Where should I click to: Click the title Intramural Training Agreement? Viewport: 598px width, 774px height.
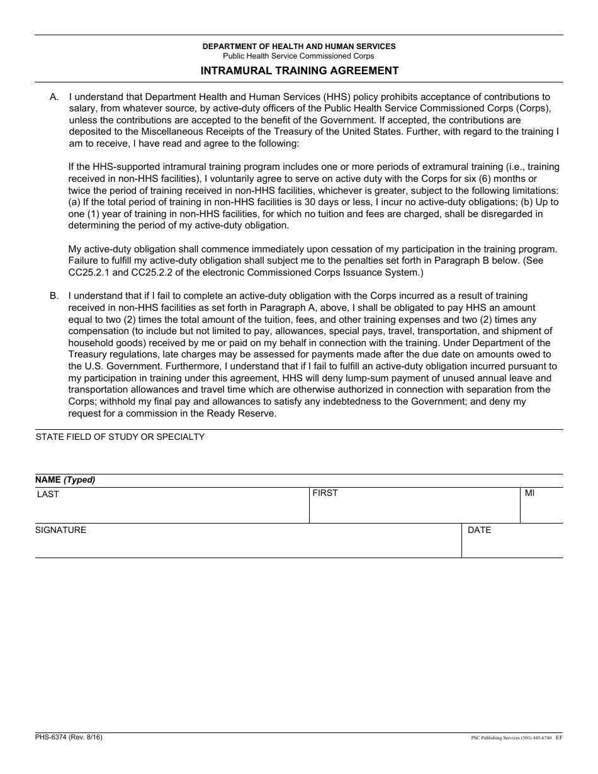tap(299, 70)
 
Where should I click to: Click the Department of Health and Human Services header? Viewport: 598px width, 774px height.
tap(299, 47)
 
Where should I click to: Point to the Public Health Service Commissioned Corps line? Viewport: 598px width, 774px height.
tap(299, 56)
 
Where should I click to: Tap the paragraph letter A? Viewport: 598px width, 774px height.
tap(54, 97)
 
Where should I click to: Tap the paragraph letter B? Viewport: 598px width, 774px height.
tap(54, 296)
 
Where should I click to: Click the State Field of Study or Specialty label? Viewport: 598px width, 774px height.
tap(120, 437)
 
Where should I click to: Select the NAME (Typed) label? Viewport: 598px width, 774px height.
tap(65, 480)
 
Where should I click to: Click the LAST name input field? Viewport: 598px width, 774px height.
tap(171, 510)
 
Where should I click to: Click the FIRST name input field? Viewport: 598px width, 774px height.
tap(414, 510)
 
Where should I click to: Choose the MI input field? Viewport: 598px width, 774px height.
tap(541, 510)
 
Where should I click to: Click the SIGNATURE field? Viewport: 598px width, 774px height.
tap(248, 545)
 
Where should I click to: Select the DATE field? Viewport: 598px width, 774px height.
tap(512, 545)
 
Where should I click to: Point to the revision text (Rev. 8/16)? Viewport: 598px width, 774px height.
tap(86, 737)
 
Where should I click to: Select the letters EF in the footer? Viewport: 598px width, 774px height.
tap(559, 738)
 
